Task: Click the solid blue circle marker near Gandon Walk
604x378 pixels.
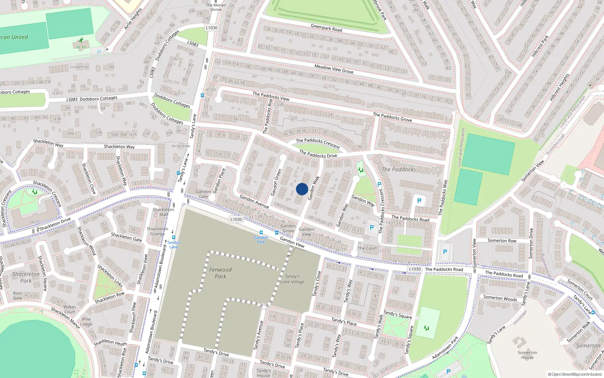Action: tap(302, 189)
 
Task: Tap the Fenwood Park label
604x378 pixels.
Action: tap(220, 273)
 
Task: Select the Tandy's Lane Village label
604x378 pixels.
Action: tap(292, 279)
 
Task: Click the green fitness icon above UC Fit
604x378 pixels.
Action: tap(81, 40)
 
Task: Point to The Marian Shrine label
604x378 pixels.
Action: tap(216, 7)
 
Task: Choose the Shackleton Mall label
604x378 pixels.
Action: tap(163, 212)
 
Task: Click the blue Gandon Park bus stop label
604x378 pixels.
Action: tap(261, 240)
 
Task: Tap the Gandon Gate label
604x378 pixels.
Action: tap(203, 194)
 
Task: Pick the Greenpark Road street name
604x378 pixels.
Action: tap(326, 28)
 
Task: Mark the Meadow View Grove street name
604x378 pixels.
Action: tap(334, 69)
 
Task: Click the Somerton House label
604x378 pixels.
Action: tap(527, 355)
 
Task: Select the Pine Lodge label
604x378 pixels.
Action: tap(86, 322)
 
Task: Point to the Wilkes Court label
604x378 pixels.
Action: tap(70, 309)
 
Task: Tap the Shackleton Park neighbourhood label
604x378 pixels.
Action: tap(26, 277)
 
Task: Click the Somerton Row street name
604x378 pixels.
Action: tap(502, 240)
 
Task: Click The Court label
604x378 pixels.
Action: tap(367, 248)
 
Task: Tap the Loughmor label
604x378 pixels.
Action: tap(79, 67)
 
